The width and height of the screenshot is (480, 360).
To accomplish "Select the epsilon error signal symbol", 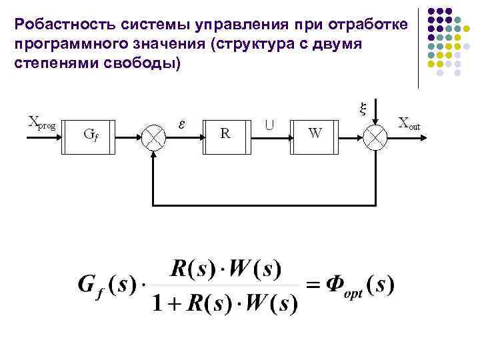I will click(x=182, y=123).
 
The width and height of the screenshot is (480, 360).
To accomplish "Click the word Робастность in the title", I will click(x=57, y=25).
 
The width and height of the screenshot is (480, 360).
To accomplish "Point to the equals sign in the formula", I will click(x=313, y=287).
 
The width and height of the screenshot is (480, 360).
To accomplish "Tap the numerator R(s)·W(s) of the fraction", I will click(x=225, y=270).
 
